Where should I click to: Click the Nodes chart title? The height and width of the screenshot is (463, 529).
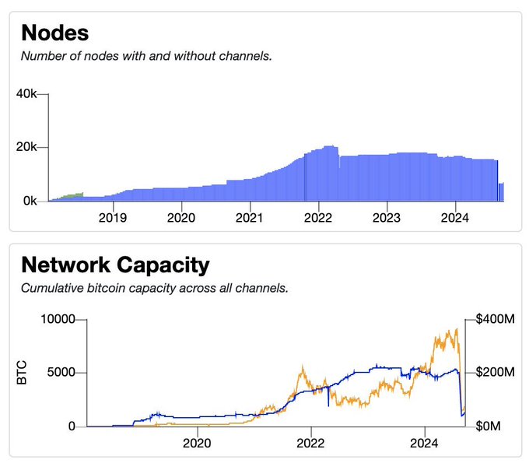pyautogui.click(x=54, y=33)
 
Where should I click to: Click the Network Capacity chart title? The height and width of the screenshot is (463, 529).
pyautogui.click(x=115, y=265)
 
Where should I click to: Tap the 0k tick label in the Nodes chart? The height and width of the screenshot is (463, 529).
pyautogui.click(x=31, y=201)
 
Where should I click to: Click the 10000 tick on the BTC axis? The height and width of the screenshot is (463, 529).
pyautogui.click(x=58, y=318)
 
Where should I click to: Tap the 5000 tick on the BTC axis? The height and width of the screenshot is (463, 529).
pyautogui.click(x=61, y=372)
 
